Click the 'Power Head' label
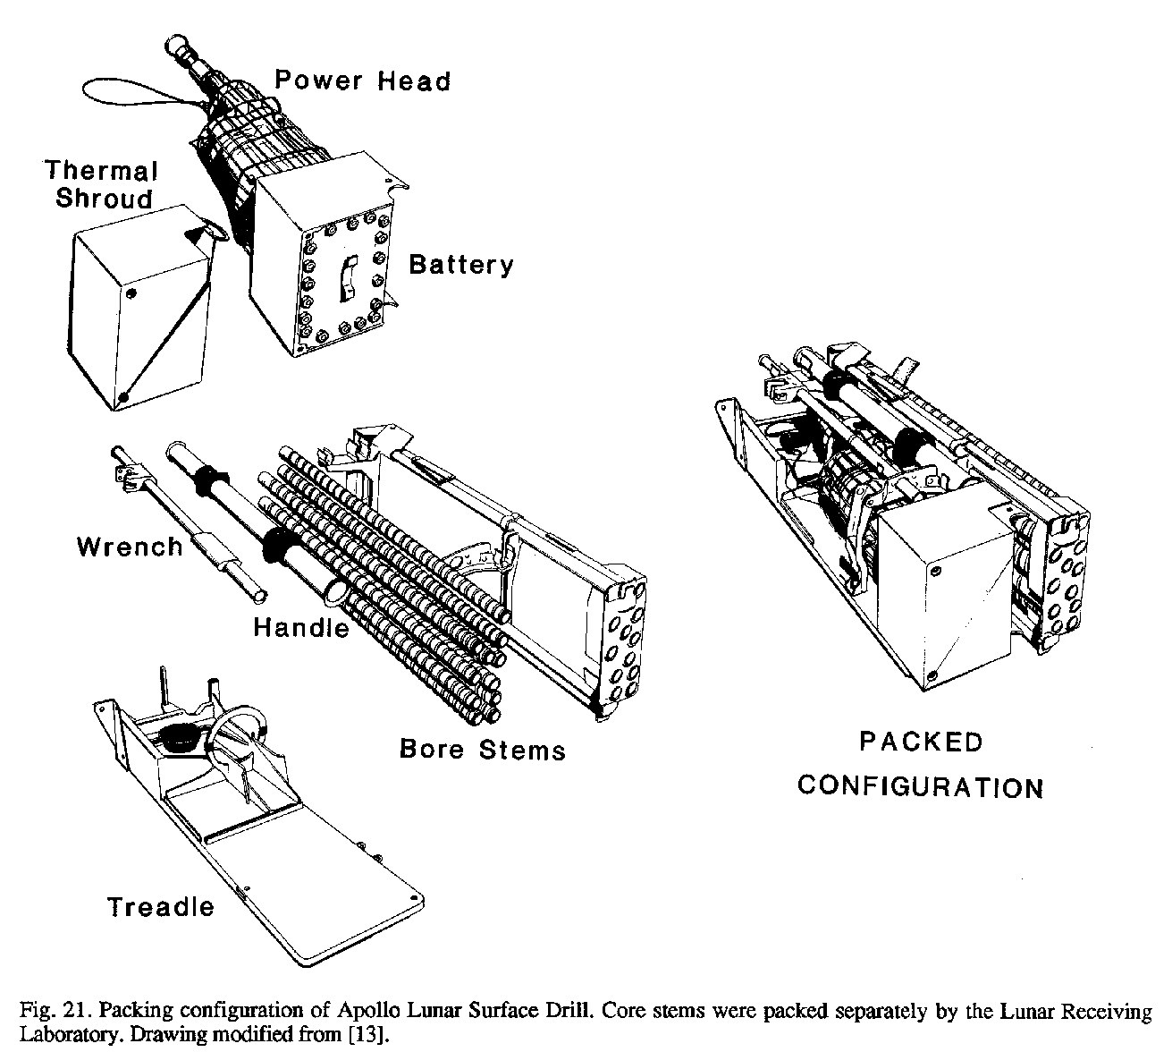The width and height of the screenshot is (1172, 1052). [362, 81]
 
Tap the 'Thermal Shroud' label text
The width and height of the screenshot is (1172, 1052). [102, 184]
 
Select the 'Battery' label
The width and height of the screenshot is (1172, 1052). [461, 265]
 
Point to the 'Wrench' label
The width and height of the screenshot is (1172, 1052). [130, 547]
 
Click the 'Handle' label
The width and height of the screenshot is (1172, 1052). [301, 628]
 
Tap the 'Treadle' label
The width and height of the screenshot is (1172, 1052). [161, 907]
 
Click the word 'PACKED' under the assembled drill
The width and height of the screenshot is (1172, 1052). [921, 742]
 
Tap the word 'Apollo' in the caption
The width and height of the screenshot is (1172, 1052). [365, 1012]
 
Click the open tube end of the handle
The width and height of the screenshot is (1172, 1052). [333, 590]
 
